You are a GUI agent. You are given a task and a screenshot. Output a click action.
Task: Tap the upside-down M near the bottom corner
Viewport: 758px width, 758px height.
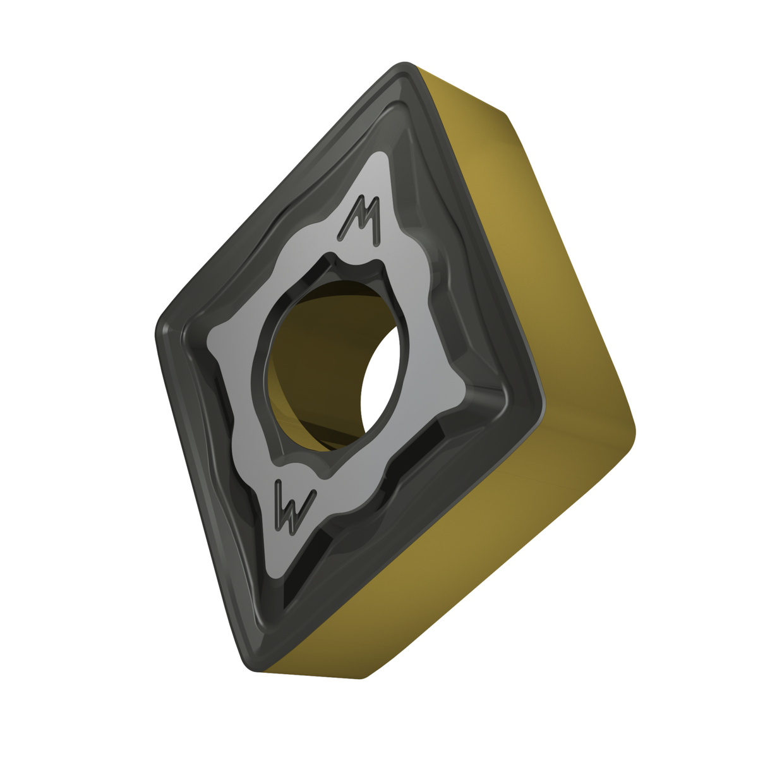pos(294,507)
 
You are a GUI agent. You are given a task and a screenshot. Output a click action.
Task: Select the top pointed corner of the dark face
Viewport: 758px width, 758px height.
pos(404,64)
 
